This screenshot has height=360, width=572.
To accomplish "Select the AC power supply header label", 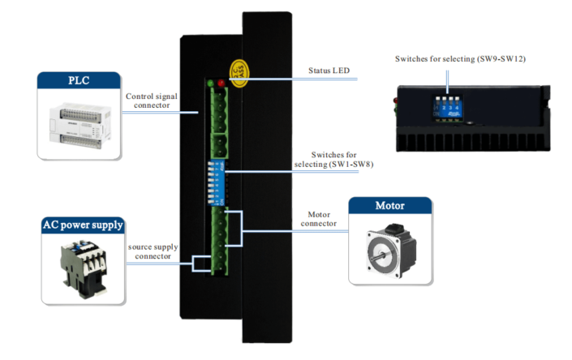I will point(82,225).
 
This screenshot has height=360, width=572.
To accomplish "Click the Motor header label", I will point(389,206).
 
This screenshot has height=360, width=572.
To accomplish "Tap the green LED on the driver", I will point(211,83).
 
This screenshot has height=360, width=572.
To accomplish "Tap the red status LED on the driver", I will point(222,83).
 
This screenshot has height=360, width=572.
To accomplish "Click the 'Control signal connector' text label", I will point(152,101).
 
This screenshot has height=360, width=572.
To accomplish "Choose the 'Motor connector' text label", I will point(318,219).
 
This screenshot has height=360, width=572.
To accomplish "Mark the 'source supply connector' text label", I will point(153,251).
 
